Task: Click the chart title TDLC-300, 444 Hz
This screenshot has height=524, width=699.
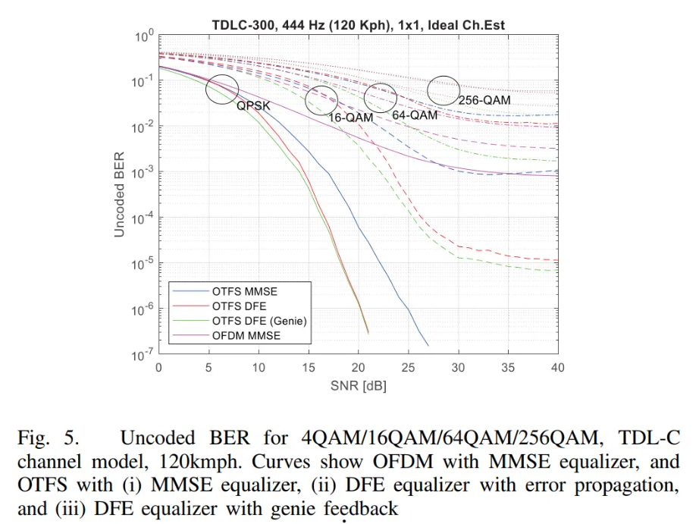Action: pos(358,26)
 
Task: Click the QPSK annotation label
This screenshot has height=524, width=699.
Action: pos(252,106)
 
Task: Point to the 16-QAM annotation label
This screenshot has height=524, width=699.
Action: pos(351,118)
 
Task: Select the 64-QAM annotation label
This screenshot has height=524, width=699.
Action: pos(415,115)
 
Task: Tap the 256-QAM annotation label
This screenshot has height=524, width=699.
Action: pos(484,99)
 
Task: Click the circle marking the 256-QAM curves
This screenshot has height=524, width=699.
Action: pos(444,91)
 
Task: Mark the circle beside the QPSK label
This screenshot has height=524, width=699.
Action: pos(222,89)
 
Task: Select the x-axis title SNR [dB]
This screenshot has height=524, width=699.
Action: pos(358,385)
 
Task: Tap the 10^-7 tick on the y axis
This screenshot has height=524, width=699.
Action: pos(144,356)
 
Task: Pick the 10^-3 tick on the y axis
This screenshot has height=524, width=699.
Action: pos(144,173)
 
